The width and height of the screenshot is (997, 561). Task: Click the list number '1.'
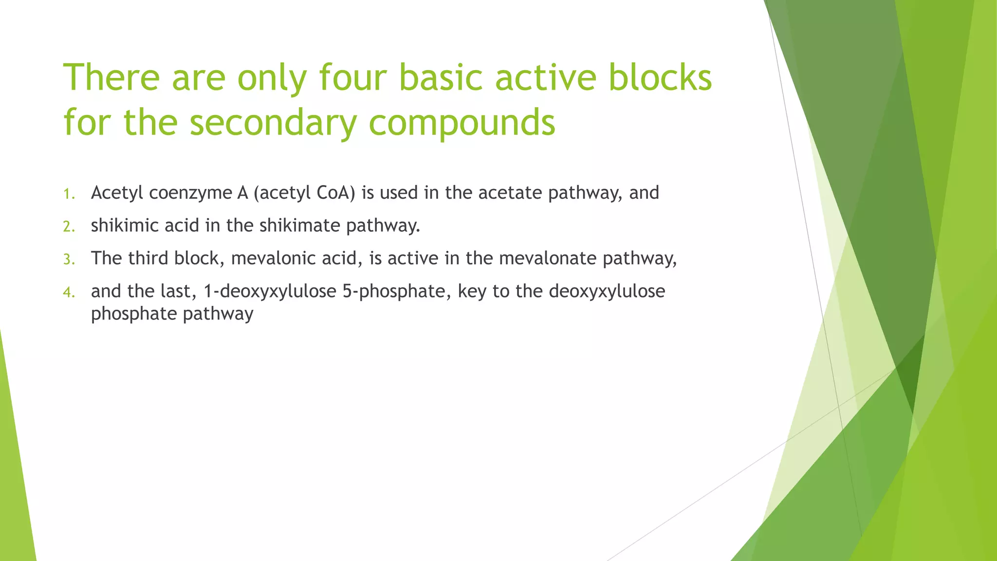(x=69, y=194)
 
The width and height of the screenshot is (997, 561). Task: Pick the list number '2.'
(x=69, y=227)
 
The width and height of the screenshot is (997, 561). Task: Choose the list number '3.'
(x=69, y=260)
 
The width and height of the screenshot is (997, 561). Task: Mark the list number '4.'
(x=69, y=292)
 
